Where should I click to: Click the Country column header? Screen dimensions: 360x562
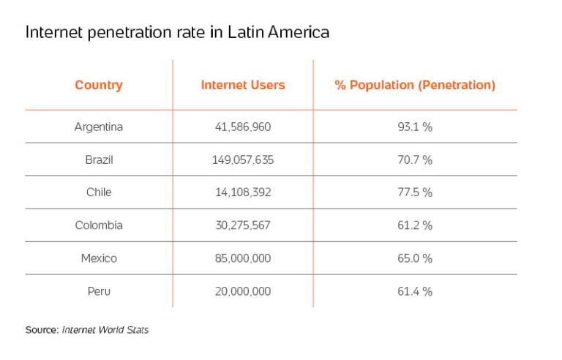click(99, 85)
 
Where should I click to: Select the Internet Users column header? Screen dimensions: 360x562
click(243, 85)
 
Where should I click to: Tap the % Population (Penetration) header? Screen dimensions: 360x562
click(415, 85)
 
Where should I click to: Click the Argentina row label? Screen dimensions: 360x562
click(99, 127)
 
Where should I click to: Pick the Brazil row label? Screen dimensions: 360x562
click(99, 160)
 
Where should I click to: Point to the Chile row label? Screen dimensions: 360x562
click(99, 192)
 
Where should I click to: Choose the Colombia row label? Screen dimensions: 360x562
click(99, 225)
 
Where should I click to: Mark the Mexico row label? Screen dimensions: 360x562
click(99, 258)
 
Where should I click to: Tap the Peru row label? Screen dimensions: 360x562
click(99, 291)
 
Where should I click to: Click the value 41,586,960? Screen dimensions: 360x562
click(243, 127)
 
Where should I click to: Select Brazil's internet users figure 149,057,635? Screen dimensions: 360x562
click(243, 160)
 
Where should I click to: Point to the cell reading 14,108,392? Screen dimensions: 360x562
click(243, 192)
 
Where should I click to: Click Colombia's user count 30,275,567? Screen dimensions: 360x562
click(243, 225)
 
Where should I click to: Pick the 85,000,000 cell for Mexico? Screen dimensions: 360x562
click(243, 258)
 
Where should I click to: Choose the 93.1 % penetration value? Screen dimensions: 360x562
click(415, 127)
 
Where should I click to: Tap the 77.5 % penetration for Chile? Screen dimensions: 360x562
click(415, 192)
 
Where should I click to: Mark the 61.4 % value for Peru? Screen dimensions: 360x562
click(415, 291)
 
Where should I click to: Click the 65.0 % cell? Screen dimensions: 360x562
click(415, 258)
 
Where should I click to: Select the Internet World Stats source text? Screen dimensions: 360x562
click(105, 330)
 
